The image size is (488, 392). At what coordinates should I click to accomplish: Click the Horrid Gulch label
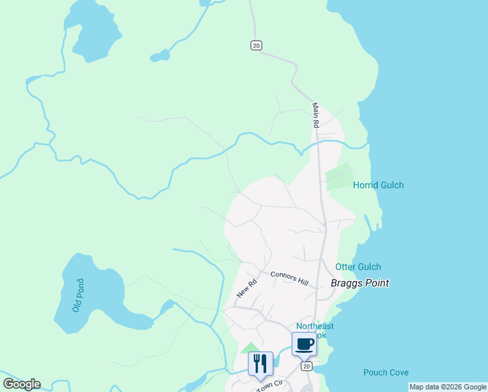pyautogui.click(x=378, y=185)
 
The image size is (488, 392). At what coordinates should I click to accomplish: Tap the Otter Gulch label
pyautogui.click(x=358, y=267)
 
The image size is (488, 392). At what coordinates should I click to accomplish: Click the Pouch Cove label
pyautogui.click(x=386, y=372)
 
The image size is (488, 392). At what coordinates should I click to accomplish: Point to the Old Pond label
pyautogui.click(x=78, y=295)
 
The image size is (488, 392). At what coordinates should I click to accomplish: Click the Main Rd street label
pyautogui.click(x=316, y=115)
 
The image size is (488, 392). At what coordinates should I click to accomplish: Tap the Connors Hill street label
pyautogui.click(x=289, y=278)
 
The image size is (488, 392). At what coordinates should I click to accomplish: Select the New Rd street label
pyautogui.click(x=247, y=289)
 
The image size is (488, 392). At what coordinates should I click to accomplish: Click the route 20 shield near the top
pyautogui.click(x=256, y=45)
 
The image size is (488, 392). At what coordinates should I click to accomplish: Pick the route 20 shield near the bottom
pyautogui.click(x=306, y=367)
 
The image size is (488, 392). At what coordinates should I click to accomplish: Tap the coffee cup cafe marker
pyautogui.click(x=304, y=344)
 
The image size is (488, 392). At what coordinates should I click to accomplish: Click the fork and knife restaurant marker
pyautogui.click(x=260, y=363)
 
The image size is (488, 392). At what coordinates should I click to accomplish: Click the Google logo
pyautogui.click(x=22, y=384)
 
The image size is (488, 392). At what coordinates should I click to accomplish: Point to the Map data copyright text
pyautogui.click(x=448, y=387)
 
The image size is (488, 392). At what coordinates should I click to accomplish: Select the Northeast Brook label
pyautogui.click(x=314, y=331)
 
